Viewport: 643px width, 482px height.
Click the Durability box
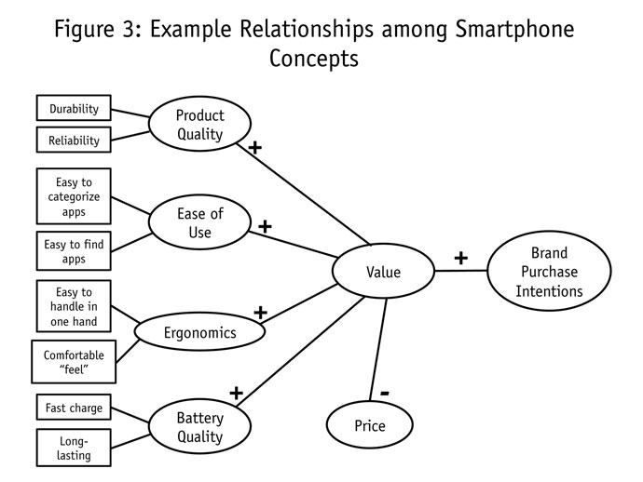74,109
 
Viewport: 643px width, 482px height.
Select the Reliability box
74,141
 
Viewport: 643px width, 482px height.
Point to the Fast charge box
74,408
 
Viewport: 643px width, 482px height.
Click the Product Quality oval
200,124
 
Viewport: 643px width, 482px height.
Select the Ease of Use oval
200,223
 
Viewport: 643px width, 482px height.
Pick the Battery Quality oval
199,427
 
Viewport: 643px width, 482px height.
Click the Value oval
383,273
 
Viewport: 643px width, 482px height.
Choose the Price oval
369,427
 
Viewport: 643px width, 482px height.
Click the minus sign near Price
384,393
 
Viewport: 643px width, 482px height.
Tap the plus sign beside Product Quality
254,148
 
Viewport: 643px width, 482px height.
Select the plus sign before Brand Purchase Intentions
460,257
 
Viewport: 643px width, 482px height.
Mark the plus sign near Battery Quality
236,393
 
